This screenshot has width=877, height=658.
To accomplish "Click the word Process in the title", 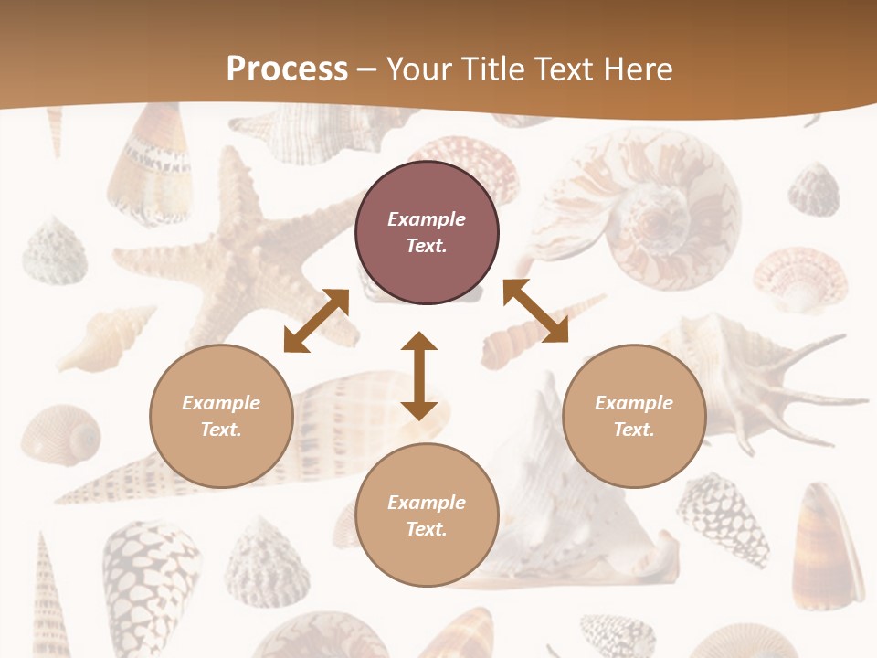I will (x=287, y=69).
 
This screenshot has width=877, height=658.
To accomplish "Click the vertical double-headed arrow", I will (x=419, y=376).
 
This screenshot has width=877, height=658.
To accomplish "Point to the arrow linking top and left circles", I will (x=316, y=321).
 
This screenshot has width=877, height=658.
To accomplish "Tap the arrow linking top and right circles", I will (x=535, y=311).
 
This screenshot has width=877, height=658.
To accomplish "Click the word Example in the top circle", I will (x=427, y=219).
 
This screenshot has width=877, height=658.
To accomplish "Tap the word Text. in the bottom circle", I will (x=427, y=529).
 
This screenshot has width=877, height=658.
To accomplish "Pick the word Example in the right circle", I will (x=634, y=403).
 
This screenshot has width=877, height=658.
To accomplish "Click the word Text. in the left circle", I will (x=221, y=430).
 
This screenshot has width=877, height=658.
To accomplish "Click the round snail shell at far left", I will (x=61, y=434).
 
